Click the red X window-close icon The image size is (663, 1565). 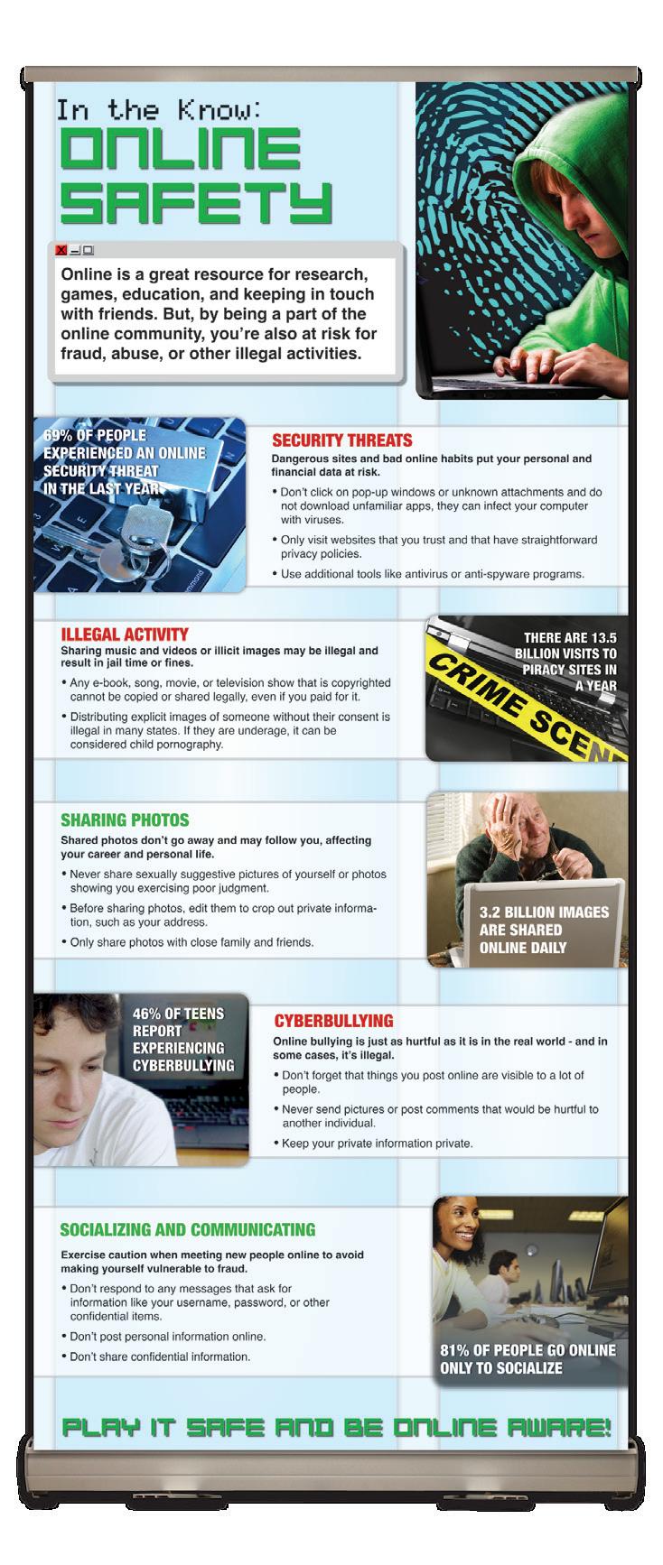point(61,250)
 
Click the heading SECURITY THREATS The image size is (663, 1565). point(341,440)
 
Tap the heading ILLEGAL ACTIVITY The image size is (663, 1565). point(124,634)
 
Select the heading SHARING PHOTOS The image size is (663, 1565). point(125,820)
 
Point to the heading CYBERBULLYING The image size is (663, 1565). point(333,1021)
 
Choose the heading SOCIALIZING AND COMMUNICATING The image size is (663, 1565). point(187,1229)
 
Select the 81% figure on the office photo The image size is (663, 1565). point(457,1350)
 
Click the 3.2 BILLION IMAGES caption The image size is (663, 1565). point(544,912)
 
